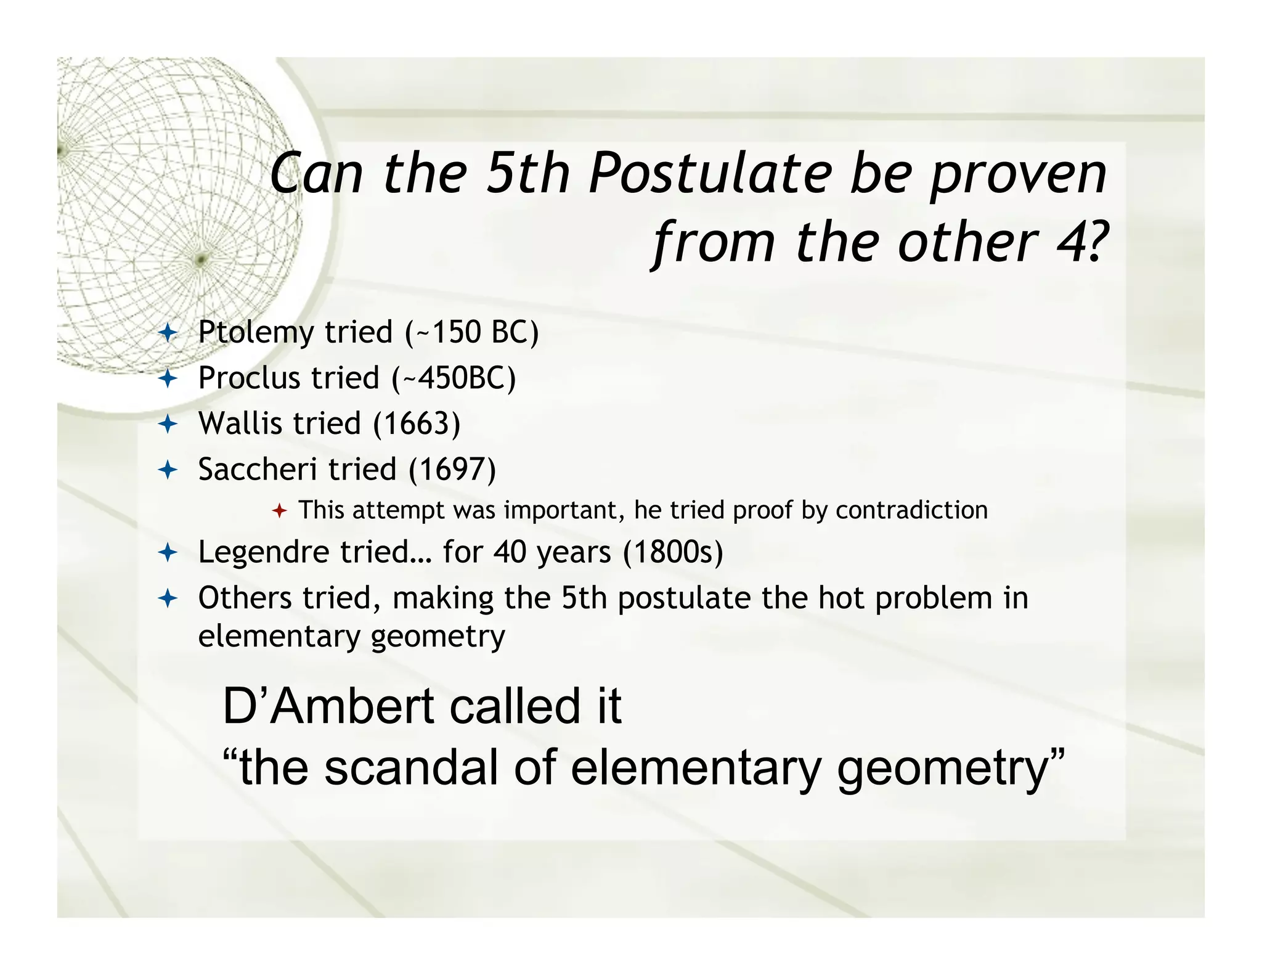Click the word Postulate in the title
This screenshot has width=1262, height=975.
point(709,174)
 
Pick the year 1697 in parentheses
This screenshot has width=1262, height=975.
point(452,470)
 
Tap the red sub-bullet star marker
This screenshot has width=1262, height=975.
point(279,511)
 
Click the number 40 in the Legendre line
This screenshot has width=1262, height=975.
point(510,552)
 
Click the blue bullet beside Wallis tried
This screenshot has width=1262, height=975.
point(168,424)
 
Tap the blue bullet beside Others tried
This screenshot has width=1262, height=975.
point(168,598)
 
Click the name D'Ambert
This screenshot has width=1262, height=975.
point(328,706)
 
